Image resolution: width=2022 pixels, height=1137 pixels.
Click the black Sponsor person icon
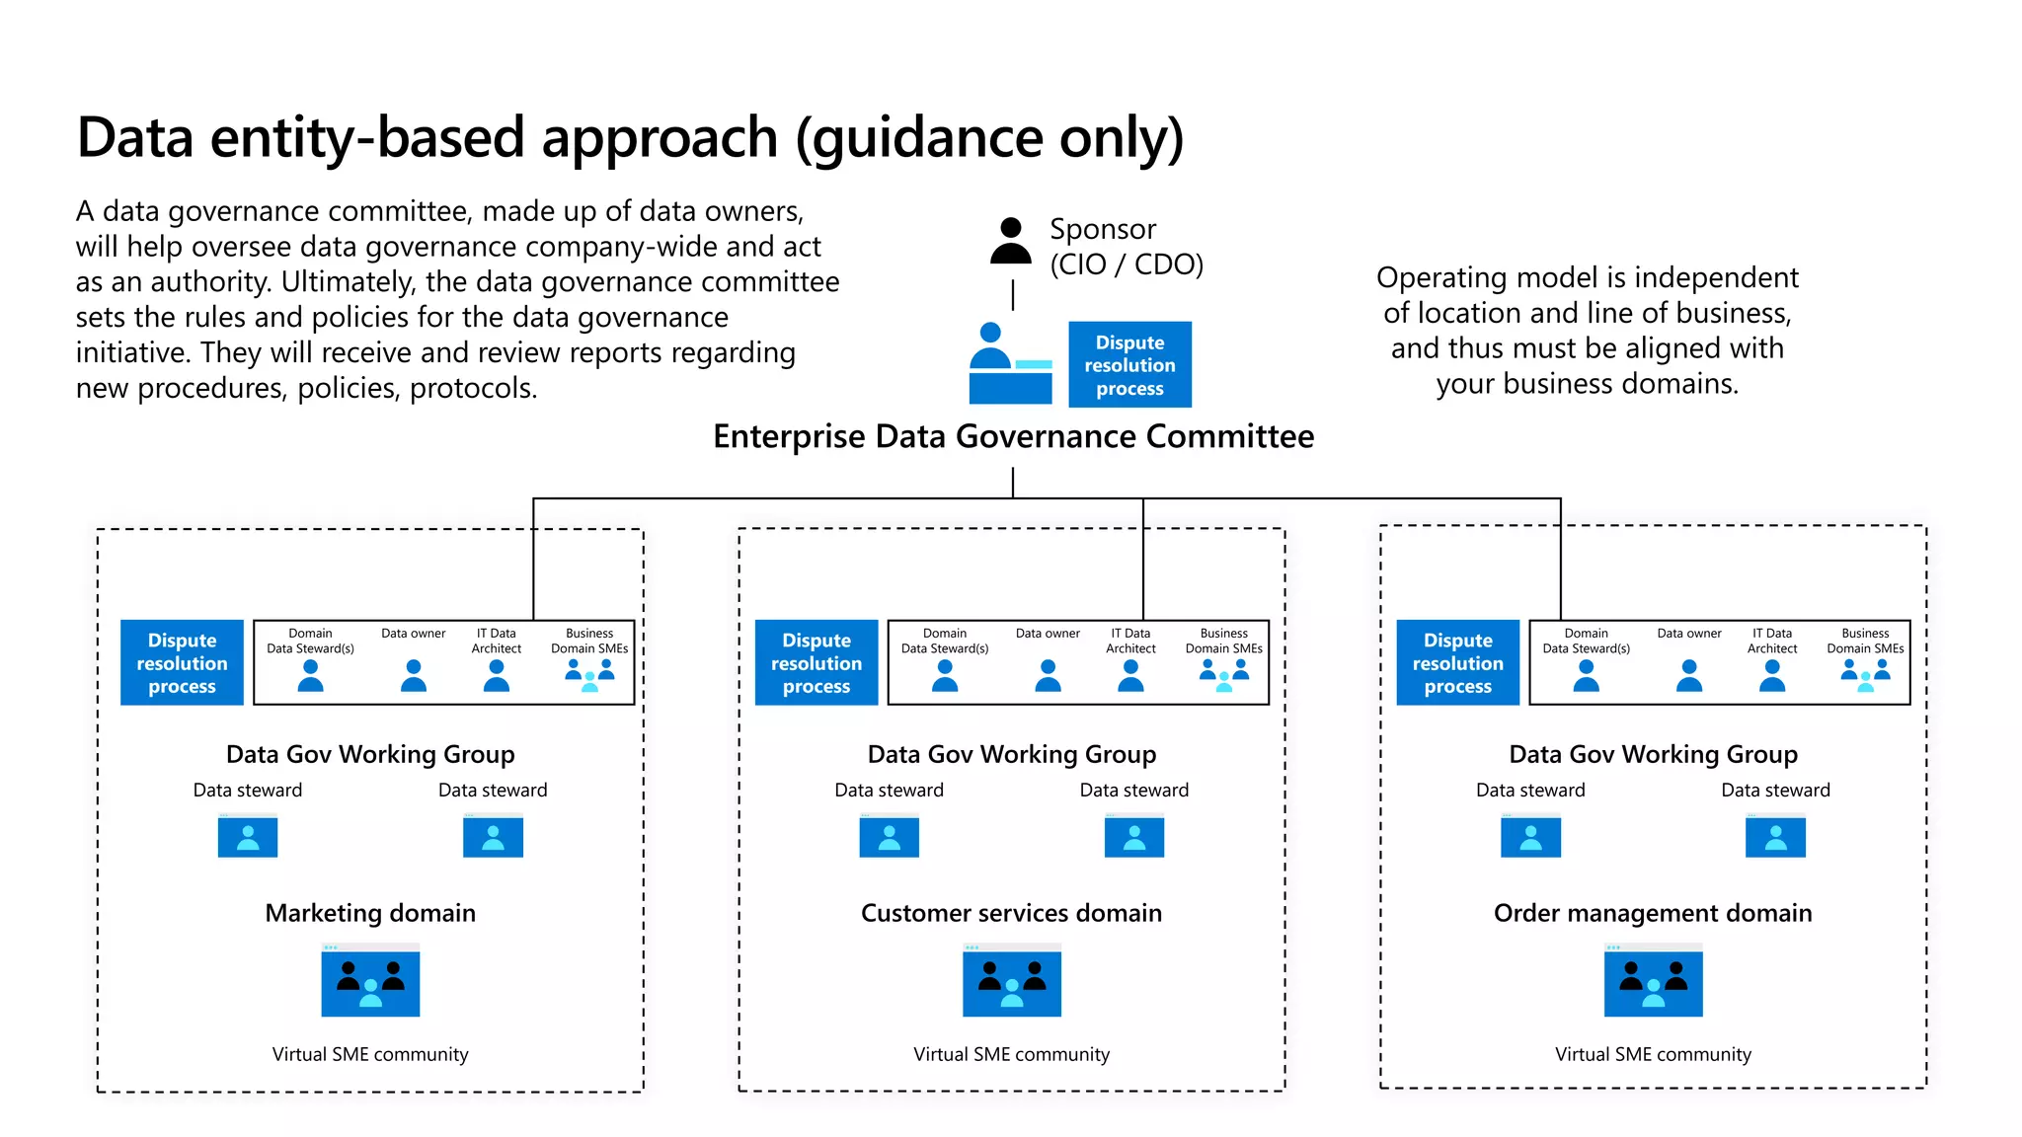coord(1010,241)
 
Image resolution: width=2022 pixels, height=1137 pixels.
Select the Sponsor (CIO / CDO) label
coord(1126,247)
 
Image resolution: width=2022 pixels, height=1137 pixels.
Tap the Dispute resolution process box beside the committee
coord(1129,364)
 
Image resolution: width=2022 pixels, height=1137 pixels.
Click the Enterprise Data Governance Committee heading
coord(1013,436)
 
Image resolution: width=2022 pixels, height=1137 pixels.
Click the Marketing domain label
coord(370,913)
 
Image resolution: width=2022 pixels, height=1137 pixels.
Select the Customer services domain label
coord(1011,913)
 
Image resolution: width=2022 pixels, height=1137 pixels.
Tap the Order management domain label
coord(1653,913)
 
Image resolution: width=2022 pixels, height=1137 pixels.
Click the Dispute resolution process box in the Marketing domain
coord(182,662)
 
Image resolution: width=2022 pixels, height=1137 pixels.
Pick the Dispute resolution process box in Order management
coord(1457,662)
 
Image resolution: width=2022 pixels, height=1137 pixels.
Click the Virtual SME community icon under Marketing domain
coord(370,980)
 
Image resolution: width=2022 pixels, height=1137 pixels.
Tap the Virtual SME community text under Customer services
coord(1011,1054)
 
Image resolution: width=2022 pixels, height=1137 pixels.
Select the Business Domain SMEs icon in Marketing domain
coord(589,674)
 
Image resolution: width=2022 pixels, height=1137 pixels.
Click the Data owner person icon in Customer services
coord(1048,675)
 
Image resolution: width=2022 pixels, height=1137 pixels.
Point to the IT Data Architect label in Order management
coord(1771,641)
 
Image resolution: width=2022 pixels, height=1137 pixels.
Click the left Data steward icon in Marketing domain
coord(248,835)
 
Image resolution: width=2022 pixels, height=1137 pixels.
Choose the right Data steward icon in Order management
coord(1775,835)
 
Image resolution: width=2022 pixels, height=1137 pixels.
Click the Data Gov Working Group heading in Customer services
coord(1011,754)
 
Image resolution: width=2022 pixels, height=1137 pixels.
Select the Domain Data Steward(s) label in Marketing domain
coord(310,641)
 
